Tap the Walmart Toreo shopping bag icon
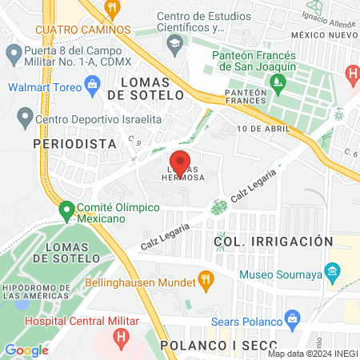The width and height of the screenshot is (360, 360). [93, 82]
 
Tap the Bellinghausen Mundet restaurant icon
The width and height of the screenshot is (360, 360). [207, 282]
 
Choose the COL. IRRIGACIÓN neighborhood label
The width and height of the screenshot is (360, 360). [273, 241]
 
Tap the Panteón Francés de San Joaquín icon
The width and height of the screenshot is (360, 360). [278, 81]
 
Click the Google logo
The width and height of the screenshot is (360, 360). [26, 350]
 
